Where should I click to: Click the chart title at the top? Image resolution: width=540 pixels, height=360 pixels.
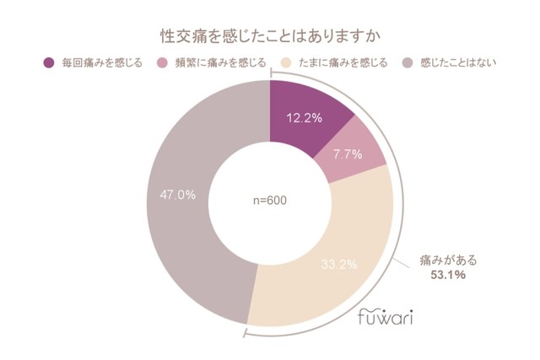[x=270, y=36]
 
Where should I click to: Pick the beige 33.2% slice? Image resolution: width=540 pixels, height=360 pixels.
[x=329, y=270]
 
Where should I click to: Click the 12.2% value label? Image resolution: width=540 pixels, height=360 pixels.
[x=305, y=118]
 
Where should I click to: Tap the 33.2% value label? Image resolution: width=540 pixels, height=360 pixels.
[x=339, y=264]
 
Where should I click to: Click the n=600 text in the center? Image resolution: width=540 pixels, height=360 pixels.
[x=269, y=201]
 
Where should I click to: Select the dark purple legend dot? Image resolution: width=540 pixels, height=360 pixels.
[x=47, y=63]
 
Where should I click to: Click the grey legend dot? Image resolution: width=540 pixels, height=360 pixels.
[x=406, y=63]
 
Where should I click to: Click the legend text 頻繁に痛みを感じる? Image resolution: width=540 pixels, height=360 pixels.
[x=220, y=63]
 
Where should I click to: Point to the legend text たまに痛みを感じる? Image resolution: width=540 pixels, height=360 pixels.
[x=343, y=63]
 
